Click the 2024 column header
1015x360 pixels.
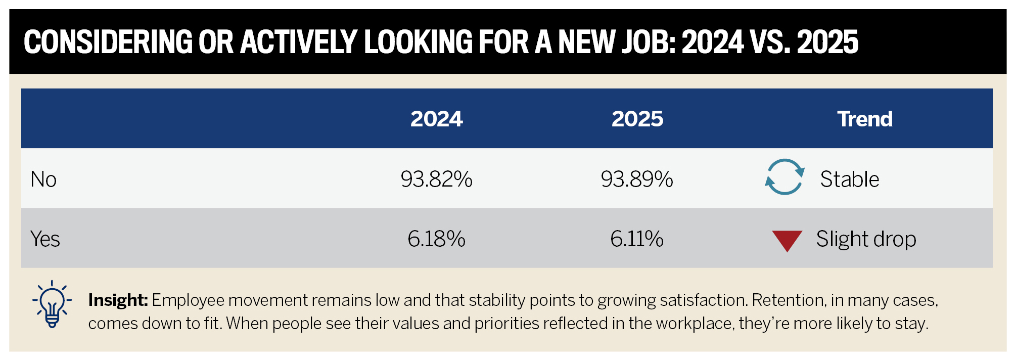coord(436,119)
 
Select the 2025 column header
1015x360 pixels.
coord(637,119)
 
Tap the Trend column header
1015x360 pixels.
coord(864,119)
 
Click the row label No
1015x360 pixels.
coord(43,179)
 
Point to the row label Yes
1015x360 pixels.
coord(45,239)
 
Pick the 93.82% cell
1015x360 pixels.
coord(436,179)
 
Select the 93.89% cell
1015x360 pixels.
coord(637,179)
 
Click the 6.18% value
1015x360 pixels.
coord(436,239)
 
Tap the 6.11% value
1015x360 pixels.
coord(637,239)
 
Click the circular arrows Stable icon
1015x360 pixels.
coord(784,177)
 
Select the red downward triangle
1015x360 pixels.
coord(787,240)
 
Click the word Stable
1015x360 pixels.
coord(849,179)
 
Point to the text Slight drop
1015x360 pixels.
coord(866,239)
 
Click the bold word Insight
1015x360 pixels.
coord(117,300)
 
